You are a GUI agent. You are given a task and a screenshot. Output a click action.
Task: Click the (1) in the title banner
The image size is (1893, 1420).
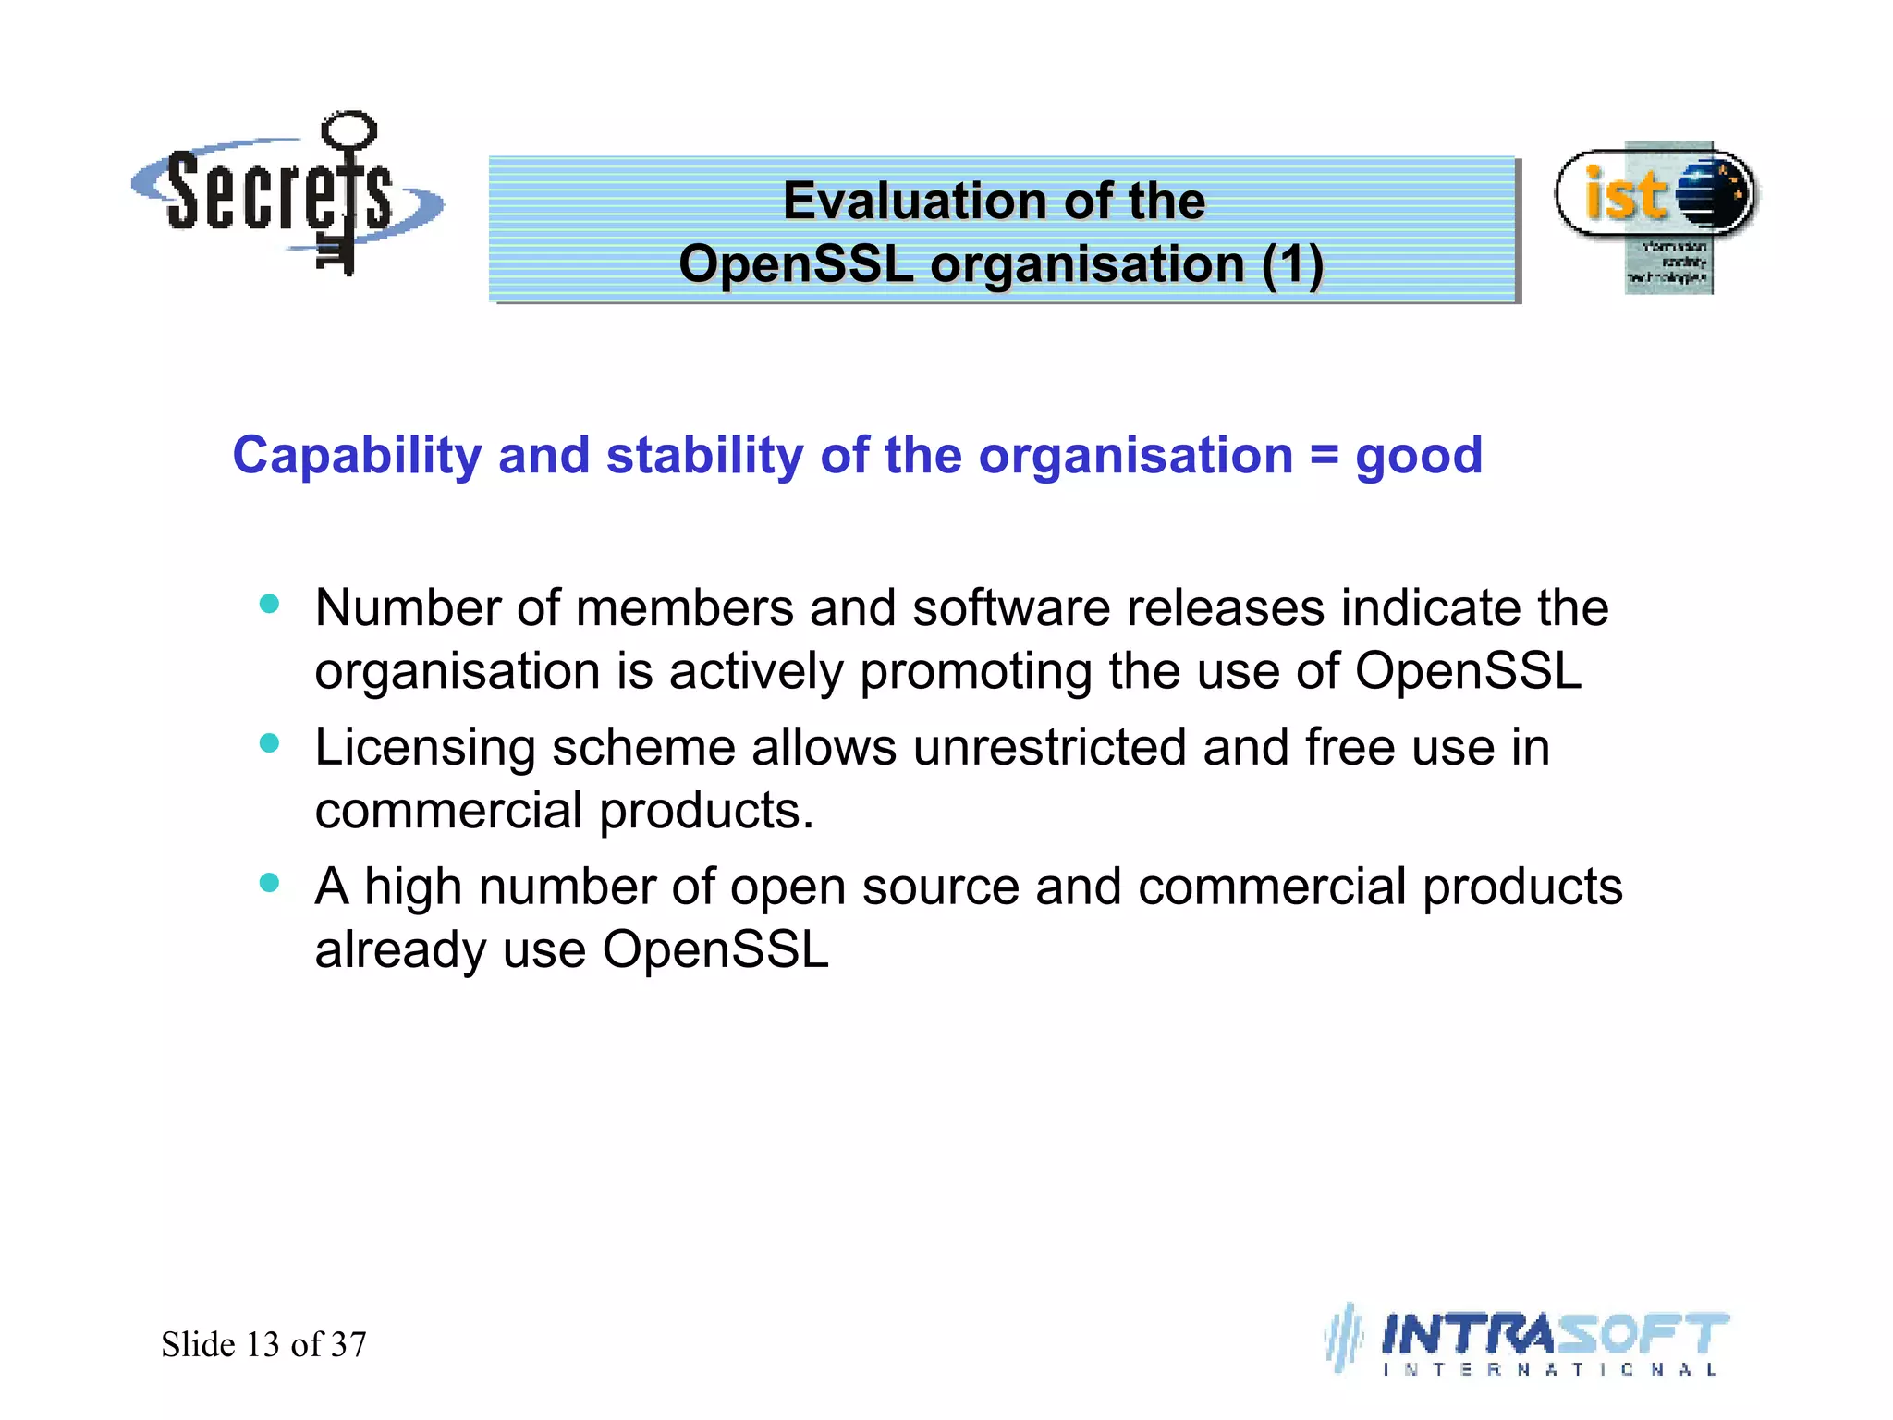pyautogui.click(x=1292, y=264)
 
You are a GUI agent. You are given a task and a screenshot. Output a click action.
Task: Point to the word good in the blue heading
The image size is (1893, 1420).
pyautogui.click(x=1418, y=456)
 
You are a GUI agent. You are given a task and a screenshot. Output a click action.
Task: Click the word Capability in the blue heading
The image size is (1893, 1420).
pyautogui.click(x=357, y=456)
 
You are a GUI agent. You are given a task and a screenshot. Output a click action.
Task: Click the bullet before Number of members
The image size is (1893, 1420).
pyautogui.click(x=269, y=605)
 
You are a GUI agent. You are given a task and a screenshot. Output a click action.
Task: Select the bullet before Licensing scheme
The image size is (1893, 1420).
pyautogui.click(x=269, y=743)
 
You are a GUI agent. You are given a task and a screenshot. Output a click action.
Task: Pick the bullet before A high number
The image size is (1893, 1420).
pyautogui.click(x=269, y=882)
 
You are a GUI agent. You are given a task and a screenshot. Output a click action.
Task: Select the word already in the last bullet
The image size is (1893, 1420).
pyautogui.click(x=399, y=951)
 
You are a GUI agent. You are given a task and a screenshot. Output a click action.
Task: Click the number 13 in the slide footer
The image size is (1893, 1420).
pyautogui.click(x=263, y=1344)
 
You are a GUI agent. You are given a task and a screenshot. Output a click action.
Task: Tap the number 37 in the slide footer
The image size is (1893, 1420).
pyautogui.click(x=348, y=1344)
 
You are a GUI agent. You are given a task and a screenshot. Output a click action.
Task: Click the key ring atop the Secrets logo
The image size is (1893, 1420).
pyautogui.click(x=348, y=130)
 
